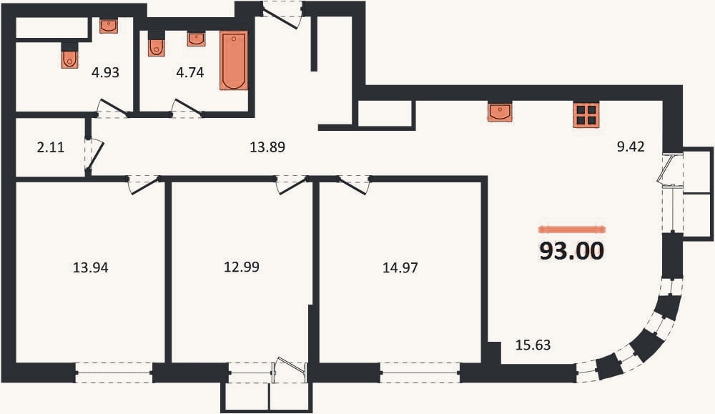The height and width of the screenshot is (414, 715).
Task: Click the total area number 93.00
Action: tap(572, 251)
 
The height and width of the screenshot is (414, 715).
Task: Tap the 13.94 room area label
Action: tap(91, 267)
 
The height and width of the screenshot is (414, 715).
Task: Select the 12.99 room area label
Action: tap(242, 267)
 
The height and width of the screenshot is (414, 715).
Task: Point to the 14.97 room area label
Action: tap(400, 267)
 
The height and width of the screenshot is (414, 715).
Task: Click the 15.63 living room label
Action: tap(533, 345)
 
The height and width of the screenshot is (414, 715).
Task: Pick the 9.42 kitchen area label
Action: tap(631, 147)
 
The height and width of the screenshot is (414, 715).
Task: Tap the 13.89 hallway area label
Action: tap(267, 147)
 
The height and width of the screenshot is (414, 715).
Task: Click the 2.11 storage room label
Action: tap(51, 147)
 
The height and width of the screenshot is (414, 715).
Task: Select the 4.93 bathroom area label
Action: tap(105, 72)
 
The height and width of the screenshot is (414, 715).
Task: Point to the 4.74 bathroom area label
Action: tap(190, 72)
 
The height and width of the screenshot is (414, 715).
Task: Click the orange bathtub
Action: tap(234, 60)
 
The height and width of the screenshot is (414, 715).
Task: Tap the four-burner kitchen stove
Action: tap(586, 114)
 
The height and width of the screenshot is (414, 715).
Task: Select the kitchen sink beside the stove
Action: tap(500, 112)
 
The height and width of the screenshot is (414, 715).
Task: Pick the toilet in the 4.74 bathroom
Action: tap(157, 44)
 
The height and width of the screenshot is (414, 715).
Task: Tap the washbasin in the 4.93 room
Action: tap(109, 26)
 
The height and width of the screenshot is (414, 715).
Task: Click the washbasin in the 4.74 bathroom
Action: tap(196, 39)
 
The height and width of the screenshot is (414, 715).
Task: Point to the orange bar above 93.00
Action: tap(572, 230)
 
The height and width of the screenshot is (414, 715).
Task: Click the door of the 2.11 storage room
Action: tap(94, 154)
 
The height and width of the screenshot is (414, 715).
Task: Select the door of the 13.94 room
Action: tap(144, 184)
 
